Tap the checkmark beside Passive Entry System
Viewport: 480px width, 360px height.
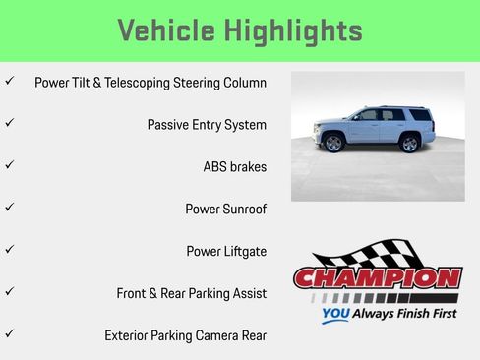tap(9, 123)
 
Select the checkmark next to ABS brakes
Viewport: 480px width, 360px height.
tap(9, 165)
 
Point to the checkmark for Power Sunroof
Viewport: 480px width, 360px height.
tap(9, 208)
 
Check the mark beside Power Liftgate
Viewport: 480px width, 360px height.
tap(9, 250)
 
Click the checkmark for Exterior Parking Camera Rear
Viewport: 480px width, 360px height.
tap(9, 334)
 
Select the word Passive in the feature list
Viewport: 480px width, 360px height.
tap(170, 125)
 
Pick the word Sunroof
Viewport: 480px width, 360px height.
tap(243, 210)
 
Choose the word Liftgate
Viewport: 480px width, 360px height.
tap(242, 251)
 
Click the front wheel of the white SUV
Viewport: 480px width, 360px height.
tap(333, 144)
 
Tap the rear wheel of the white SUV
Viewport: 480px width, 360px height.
tap(409, 144)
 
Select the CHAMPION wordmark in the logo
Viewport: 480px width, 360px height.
tap(377, 278)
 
